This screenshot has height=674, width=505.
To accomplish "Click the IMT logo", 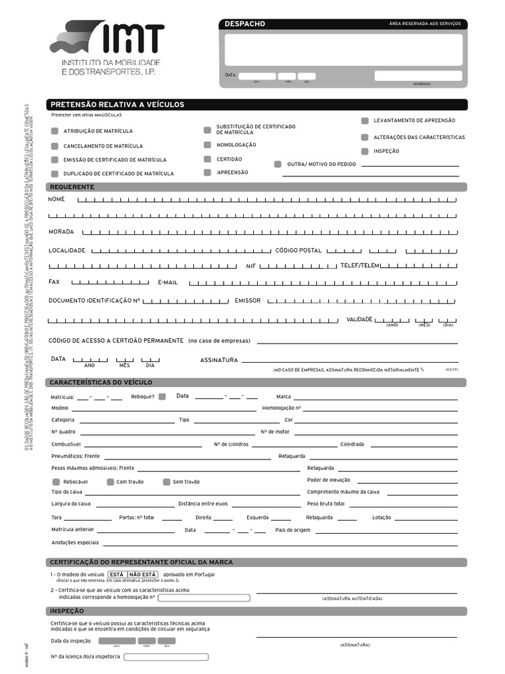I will click(107, 47).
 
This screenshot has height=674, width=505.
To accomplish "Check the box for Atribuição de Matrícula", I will click(55, 131).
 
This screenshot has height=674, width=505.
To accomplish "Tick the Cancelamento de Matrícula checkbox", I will click(55, 145).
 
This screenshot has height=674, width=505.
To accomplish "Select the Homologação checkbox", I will click(207, 145).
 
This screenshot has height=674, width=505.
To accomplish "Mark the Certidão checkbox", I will click(207, 159).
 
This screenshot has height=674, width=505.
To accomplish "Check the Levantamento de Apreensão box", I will click(364, 121).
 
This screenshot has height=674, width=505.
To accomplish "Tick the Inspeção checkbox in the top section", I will click(364, 151).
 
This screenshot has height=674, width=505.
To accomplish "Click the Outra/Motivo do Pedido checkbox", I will click(277, 164).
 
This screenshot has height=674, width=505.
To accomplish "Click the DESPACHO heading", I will click(245, 24).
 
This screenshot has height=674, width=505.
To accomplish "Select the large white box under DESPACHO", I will click(343, 49).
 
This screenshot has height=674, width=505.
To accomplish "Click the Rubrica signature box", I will click(418, 76).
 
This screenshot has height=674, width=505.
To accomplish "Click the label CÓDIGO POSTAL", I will click(298, 251).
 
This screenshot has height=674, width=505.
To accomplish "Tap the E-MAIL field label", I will click(168, 282).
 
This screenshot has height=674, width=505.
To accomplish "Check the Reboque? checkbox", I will click(162, 396).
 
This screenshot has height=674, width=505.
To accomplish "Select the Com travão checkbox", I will click(110, 482).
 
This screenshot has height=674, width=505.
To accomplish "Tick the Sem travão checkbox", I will click(167, 482).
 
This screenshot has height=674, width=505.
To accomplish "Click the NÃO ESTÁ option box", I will click(143, 574).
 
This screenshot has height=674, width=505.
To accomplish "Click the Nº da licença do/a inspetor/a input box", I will click(166, 657).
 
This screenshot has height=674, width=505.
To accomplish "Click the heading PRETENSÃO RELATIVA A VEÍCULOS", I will click(118, 105).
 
